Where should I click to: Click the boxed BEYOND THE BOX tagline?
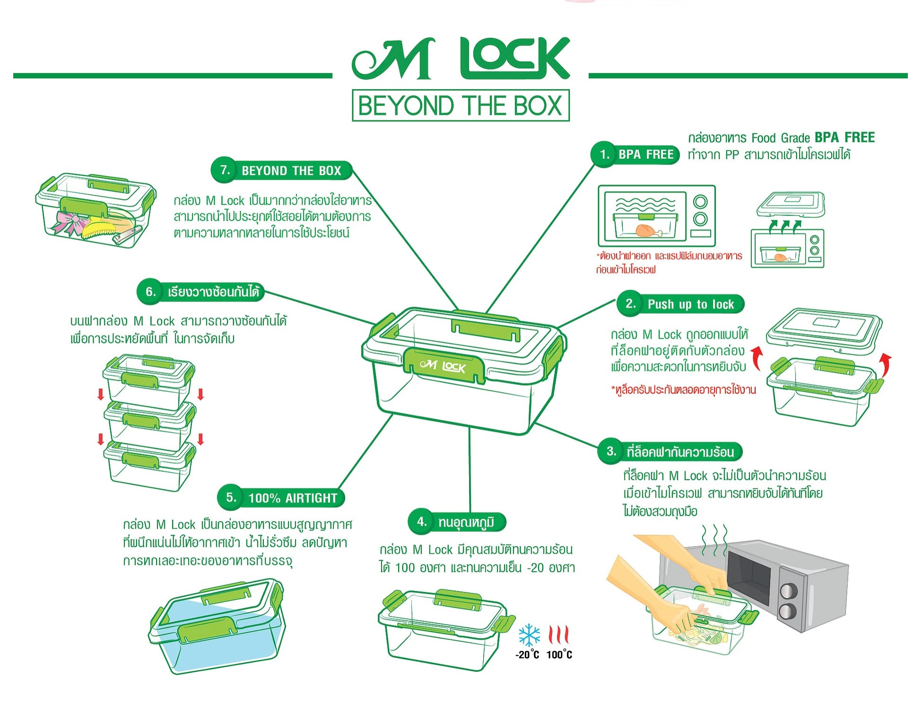tap(461, 105)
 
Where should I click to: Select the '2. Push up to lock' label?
tap(681, 304)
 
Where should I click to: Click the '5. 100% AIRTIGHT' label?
tap(282, 497)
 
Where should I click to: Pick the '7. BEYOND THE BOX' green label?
tap(282, 171)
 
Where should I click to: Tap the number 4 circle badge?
tap(422, 522)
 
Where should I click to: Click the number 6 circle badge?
tap(150, 291)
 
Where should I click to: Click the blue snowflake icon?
tap(529, 635)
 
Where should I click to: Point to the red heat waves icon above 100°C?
tap(558, 634)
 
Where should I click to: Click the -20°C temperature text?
tap(527, 655)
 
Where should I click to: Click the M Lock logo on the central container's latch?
tap(443, 366)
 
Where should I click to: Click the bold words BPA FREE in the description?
tap(845, 137)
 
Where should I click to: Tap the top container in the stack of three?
tap(149, 380)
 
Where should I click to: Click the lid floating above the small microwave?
tap(791, 204)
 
